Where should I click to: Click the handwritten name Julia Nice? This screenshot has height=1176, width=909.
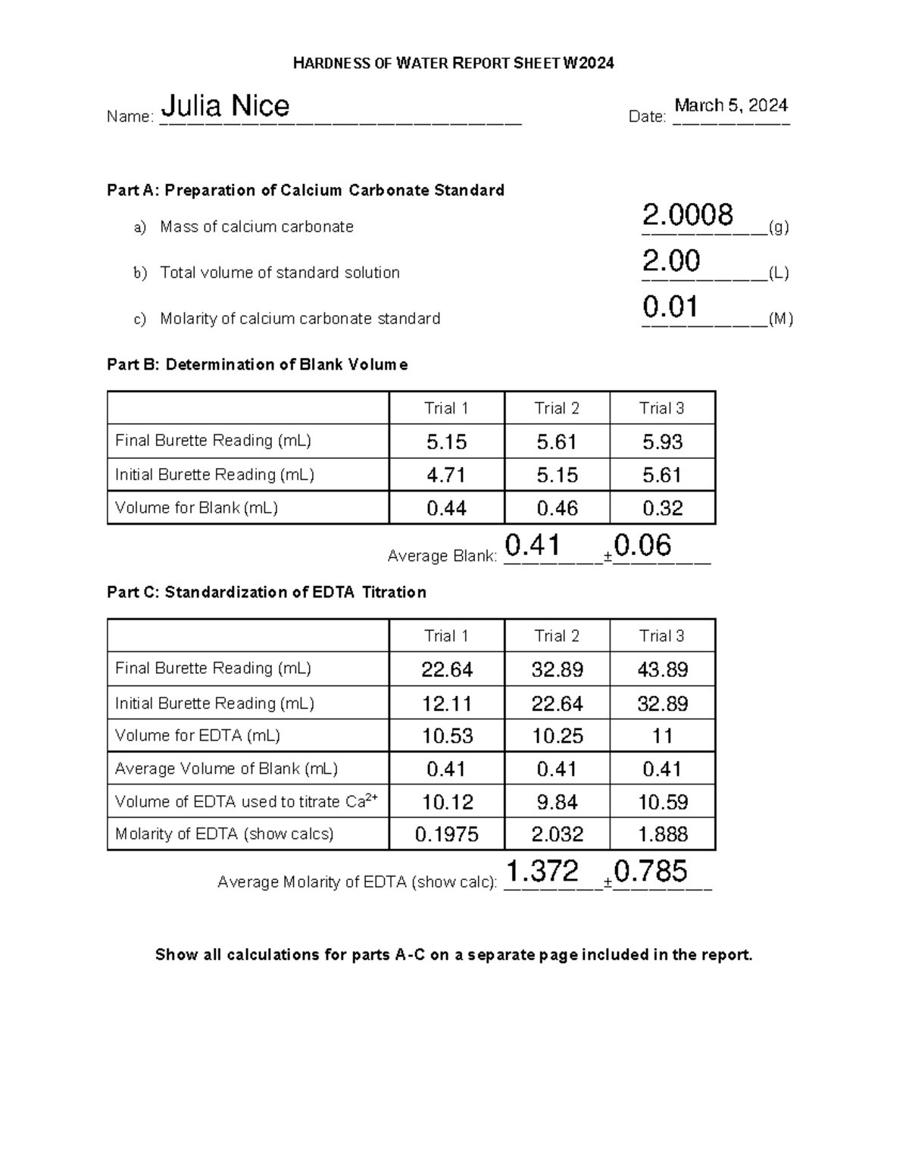click(226, 106)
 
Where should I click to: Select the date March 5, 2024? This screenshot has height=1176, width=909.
click(731, 105)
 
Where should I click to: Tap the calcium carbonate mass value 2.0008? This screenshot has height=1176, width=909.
click(687, 215)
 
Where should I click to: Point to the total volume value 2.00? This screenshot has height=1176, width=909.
click(671, 261)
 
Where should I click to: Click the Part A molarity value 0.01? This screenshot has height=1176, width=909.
click(670, 307)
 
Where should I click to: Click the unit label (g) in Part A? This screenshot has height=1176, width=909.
click(779, 227)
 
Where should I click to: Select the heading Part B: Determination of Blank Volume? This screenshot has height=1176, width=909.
click(258, 364)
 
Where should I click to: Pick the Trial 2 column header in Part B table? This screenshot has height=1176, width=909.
click(557, 408)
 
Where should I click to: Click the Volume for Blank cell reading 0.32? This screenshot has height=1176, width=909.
click(662, 508)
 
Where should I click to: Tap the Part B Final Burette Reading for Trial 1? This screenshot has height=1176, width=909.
click(446, 441)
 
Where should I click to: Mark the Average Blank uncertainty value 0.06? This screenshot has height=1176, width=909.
click(642, 545)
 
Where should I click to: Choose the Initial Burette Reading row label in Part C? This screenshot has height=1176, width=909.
click(214, 703)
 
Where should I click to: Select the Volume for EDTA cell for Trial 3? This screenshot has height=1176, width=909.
click(662, 736)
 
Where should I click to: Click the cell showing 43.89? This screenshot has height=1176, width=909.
click(662, 669)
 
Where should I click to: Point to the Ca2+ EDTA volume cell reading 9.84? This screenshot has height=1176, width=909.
click(557, 802)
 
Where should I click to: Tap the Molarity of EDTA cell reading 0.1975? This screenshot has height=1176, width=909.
click(446, 834)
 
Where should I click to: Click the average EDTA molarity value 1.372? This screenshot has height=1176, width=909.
click(542, 871)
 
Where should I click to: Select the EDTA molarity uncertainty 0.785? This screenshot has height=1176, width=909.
click(651, 871)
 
